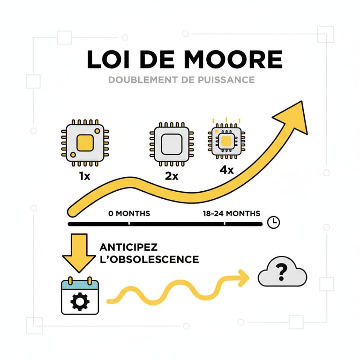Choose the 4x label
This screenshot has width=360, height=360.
[x=226, y=170]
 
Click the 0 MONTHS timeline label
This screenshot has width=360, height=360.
[x=129, y=213]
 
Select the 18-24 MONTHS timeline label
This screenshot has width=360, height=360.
[x=232, y=213]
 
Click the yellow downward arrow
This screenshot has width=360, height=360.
[x=79, y=253]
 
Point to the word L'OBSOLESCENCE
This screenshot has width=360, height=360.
[x=150, y=259]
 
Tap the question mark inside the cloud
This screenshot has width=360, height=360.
[x=282, y=272]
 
